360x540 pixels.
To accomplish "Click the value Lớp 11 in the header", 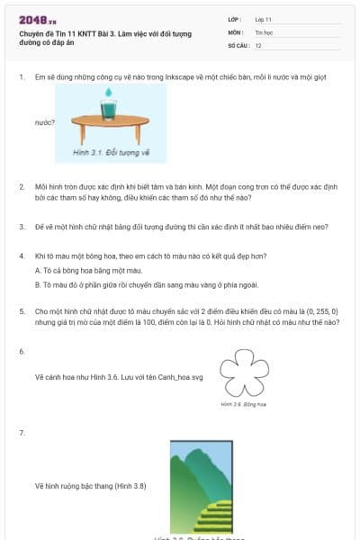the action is [264, 19].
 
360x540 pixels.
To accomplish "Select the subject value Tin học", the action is [264, 31].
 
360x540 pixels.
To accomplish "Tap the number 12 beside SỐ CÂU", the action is [258, 45].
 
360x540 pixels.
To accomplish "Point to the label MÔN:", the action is [235, 31].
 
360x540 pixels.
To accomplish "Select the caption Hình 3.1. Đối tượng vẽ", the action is [111, 152].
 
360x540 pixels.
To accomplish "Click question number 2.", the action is [22, 186].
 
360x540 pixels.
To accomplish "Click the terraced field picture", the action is [202, 486].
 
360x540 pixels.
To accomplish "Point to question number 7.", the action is [22, 433].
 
